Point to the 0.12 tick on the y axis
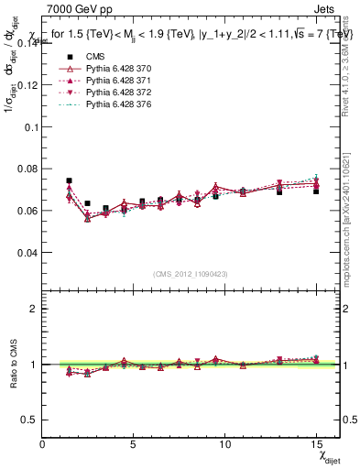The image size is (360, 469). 28,84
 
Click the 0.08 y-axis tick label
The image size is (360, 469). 28,169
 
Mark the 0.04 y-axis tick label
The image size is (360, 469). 28,252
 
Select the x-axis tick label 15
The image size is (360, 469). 316,444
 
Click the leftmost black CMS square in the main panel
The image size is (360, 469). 69,180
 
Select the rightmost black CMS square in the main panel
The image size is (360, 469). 316,191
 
